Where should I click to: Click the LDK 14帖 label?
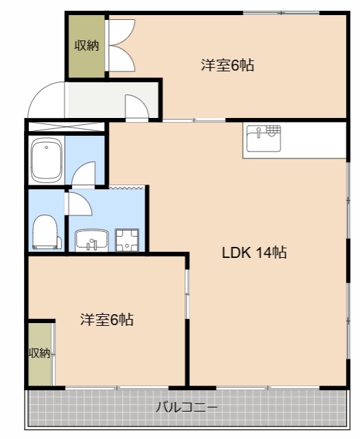(x=254, y=252)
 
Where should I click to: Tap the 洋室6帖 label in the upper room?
(x=228, y=66)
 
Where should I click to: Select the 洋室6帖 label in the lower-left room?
(x=106, y=320)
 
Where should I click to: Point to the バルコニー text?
(x=186, y=407)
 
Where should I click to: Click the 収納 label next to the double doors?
(x=86, y=46)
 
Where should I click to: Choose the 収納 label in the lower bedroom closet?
(x=39, y=353)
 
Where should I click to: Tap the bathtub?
(x=47, y=160)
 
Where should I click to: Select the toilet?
(x=46, y=232)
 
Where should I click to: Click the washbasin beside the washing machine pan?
(x=91, y=241)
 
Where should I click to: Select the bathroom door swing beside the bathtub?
(x=84, y=175)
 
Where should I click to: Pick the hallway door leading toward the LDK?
(x=136, y=106)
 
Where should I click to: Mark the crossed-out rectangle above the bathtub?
(x=66, y=127)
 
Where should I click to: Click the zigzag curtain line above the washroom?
(x=128, y=187)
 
